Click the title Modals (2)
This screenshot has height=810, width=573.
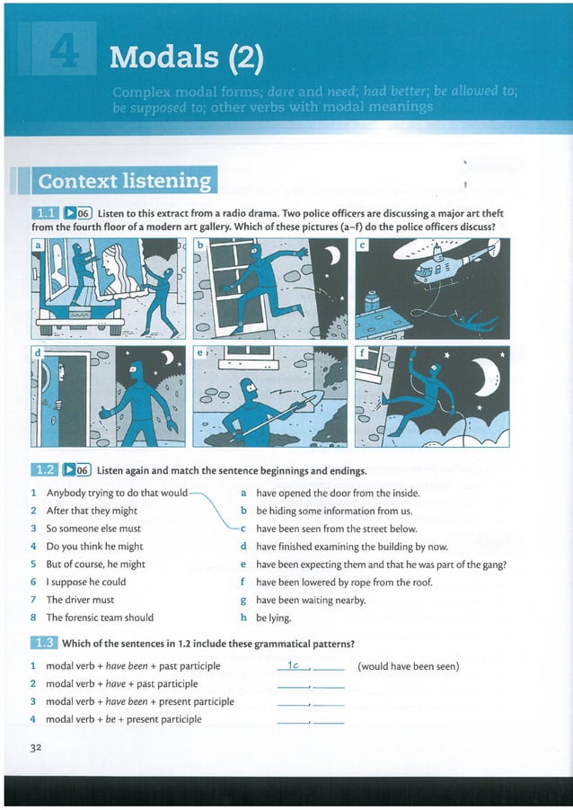(x=186, y=58)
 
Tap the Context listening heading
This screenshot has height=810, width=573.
(x=124, y=181)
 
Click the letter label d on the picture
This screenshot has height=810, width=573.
(x=38, y=353)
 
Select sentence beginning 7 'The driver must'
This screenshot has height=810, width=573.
(x=80, y=600)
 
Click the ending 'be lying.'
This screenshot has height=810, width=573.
(x=273, y=618)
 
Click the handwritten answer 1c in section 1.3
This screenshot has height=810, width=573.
(x=293, y=665)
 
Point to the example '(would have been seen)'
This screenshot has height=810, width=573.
(x=409, y=666)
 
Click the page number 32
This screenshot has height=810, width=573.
(x=36, y=747)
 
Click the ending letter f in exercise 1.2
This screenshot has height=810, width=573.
(x=243, y=582)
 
